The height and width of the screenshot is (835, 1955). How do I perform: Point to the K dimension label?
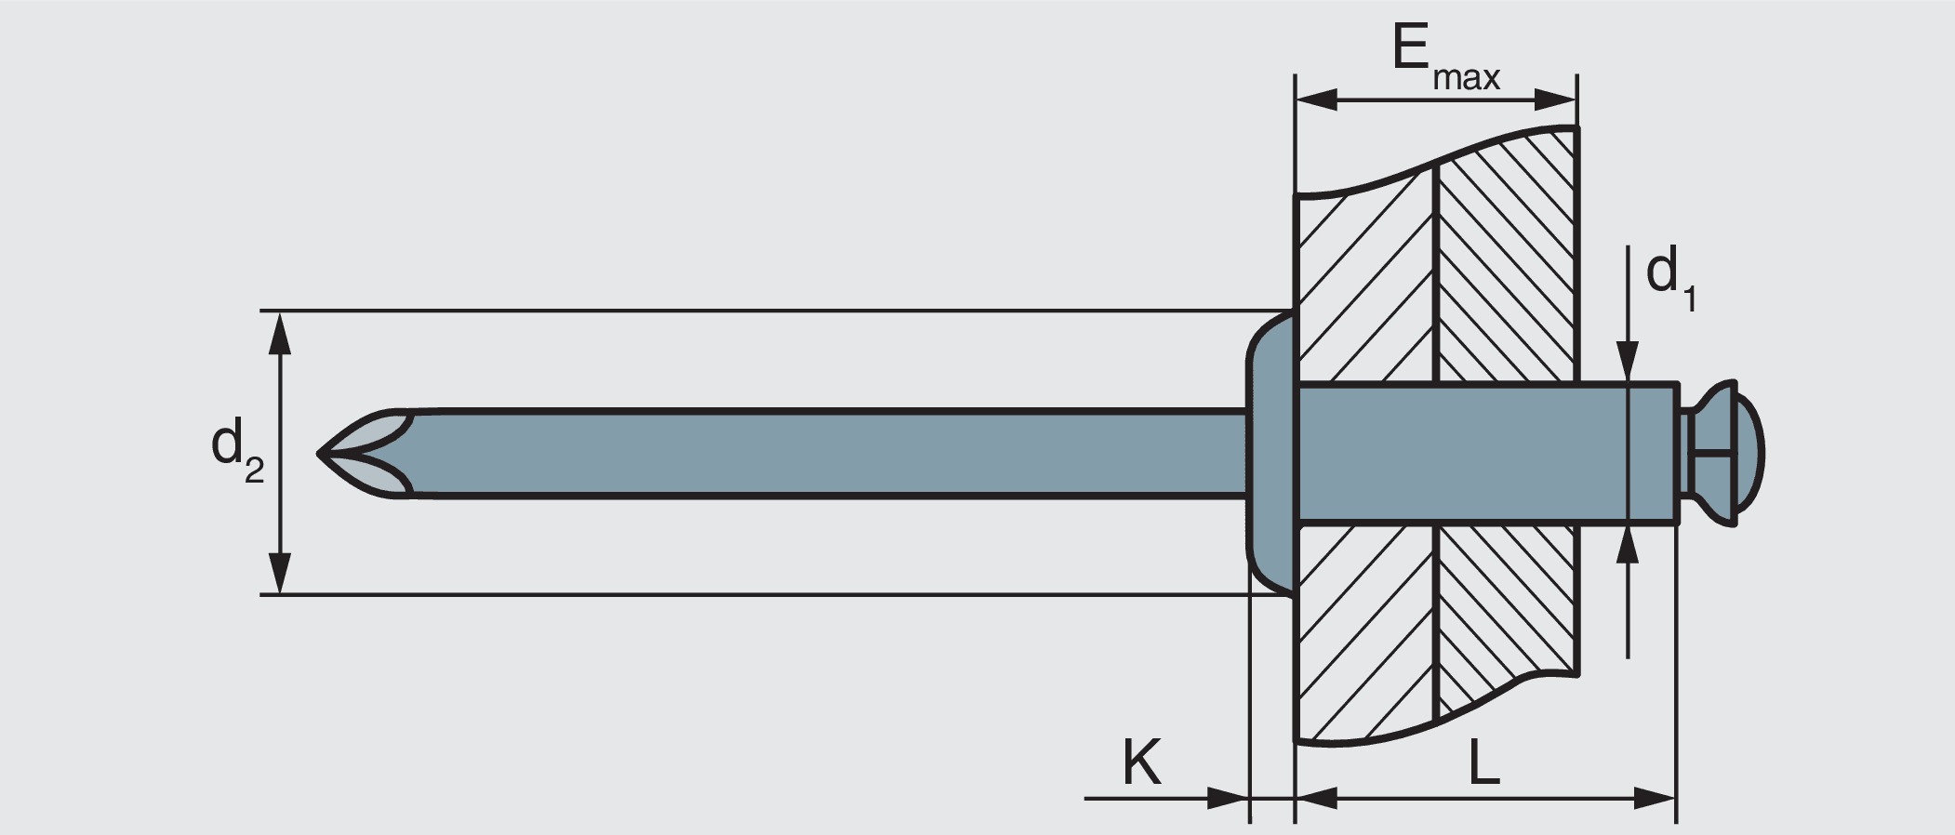click(x=1141, y=763)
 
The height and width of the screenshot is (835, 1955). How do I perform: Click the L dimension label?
click(x=1483, y=763)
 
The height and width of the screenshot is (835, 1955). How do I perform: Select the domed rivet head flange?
click(x=1270, y=453)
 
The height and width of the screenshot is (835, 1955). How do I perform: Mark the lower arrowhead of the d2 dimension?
click(x=280, y=572)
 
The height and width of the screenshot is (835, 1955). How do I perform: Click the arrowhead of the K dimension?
click(x=1228, y=797)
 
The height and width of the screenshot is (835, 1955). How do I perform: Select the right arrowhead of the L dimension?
click(x=1656, y=797)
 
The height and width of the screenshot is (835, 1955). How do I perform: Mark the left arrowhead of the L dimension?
click(x=1316, y=797)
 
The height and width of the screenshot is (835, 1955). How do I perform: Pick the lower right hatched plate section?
click(x=1507, y=604)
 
